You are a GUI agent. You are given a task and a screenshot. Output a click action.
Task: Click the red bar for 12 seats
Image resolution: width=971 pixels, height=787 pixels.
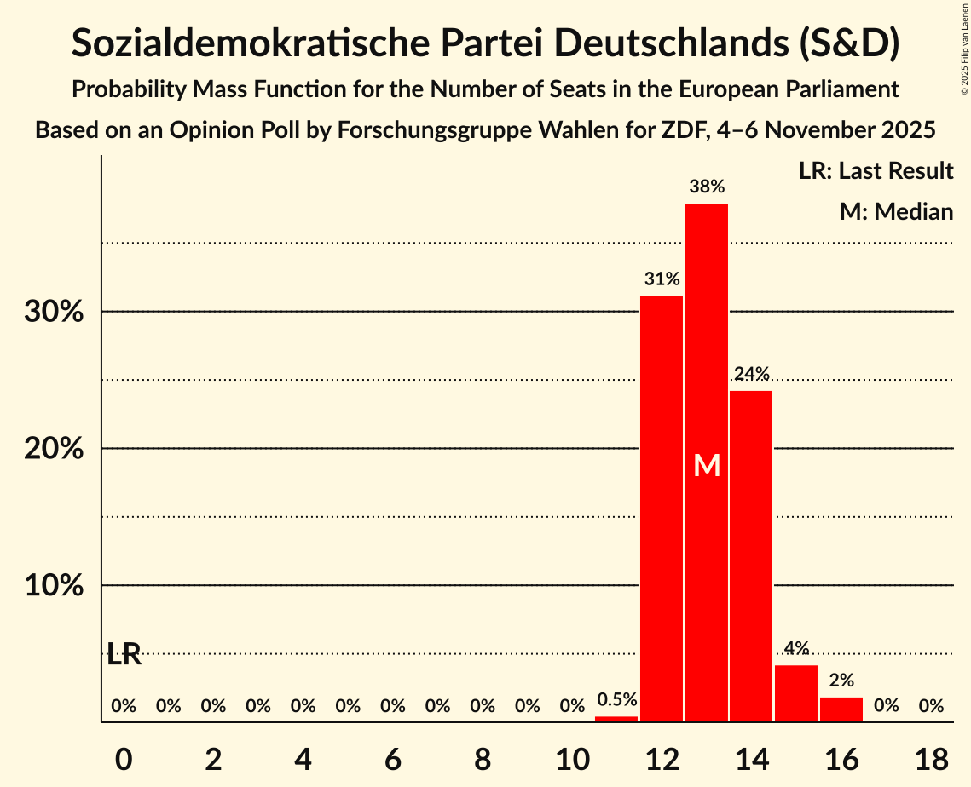pos(662,508)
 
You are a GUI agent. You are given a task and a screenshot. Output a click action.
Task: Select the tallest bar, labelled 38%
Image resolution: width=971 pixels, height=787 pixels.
pos(707,341)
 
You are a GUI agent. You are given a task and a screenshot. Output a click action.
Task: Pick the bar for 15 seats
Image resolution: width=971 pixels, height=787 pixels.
pos(796,693)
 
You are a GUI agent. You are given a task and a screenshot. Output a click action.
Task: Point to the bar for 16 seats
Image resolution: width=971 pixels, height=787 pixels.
pos(841,709)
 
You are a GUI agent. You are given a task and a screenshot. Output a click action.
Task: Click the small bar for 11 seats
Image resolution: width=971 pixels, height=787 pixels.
pos(616,719)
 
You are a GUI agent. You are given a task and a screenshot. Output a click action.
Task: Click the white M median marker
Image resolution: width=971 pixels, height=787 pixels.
pos(707,465)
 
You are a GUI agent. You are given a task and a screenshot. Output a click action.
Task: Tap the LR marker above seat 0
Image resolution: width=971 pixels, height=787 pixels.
pos(124,655)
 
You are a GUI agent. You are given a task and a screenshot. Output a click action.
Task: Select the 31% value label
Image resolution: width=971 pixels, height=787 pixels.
pos(662,279)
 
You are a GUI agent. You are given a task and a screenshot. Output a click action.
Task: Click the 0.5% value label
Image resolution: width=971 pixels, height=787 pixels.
pos(616,700)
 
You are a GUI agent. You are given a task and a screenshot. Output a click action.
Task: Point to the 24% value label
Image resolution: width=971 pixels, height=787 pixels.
pos(751,374)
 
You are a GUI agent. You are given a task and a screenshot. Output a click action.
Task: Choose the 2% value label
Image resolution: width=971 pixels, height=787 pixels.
pos(841,681)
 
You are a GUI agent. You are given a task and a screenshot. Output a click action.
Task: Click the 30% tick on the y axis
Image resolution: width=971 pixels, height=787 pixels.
pos(54,313)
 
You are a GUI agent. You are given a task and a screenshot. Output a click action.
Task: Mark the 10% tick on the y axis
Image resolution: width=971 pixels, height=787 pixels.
pos(54,586)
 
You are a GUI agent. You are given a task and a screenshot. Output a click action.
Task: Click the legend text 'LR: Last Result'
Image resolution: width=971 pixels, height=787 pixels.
pos(876,171)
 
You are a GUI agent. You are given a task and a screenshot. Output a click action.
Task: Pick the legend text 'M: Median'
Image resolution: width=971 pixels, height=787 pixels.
pos(896,211)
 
